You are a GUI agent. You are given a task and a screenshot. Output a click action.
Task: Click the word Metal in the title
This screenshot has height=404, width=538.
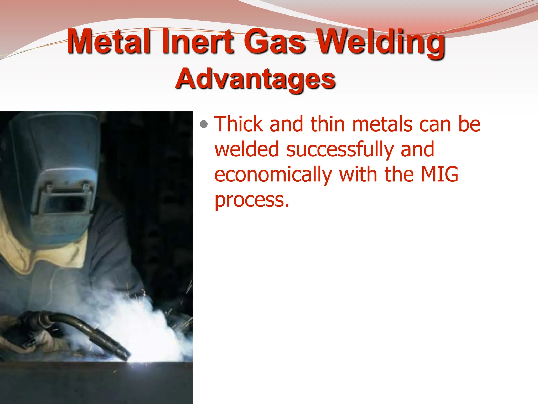pyautogui.click(x=108, y=42)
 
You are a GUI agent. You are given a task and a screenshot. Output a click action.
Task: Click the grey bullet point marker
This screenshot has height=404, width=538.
pyautogui.click(x=204, y=124)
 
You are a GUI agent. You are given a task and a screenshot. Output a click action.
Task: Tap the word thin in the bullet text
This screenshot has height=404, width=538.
pyautogui.click(x=327, y=124)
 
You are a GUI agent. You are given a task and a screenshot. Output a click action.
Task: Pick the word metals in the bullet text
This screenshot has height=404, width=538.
pyautogui.click(x=382, y=124)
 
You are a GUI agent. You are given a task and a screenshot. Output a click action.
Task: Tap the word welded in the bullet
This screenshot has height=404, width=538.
pyautogui.click(x=246, y=149)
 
